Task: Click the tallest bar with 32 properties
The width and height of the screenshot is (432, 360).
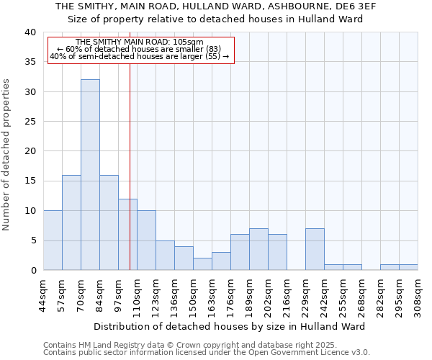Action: (x=90, y=175)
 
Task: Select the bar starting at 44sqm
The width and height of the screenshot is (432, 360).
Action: (x=53, y=240)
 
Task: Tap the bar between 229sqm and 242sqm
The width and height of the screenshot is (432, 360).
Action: (x=315, y=249)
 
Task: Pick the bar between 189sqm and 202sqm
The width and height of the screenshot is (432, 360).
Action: (x=258, y=249)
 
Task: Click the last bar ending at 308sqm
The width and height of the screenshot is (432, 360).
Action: (x=408, y=267)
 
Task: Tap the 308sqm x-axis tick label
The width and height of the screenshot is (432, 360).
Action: (x=418, y=296)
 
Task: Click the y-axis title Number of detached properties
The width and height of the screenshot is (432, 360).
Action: (x=7, y=155)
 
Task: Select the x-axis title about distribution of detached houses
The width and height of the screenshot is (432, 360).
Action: (x=229, y=326)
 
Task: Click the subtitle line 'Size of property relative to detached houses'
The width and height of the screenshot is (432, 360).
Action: (x=216, y=19)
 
